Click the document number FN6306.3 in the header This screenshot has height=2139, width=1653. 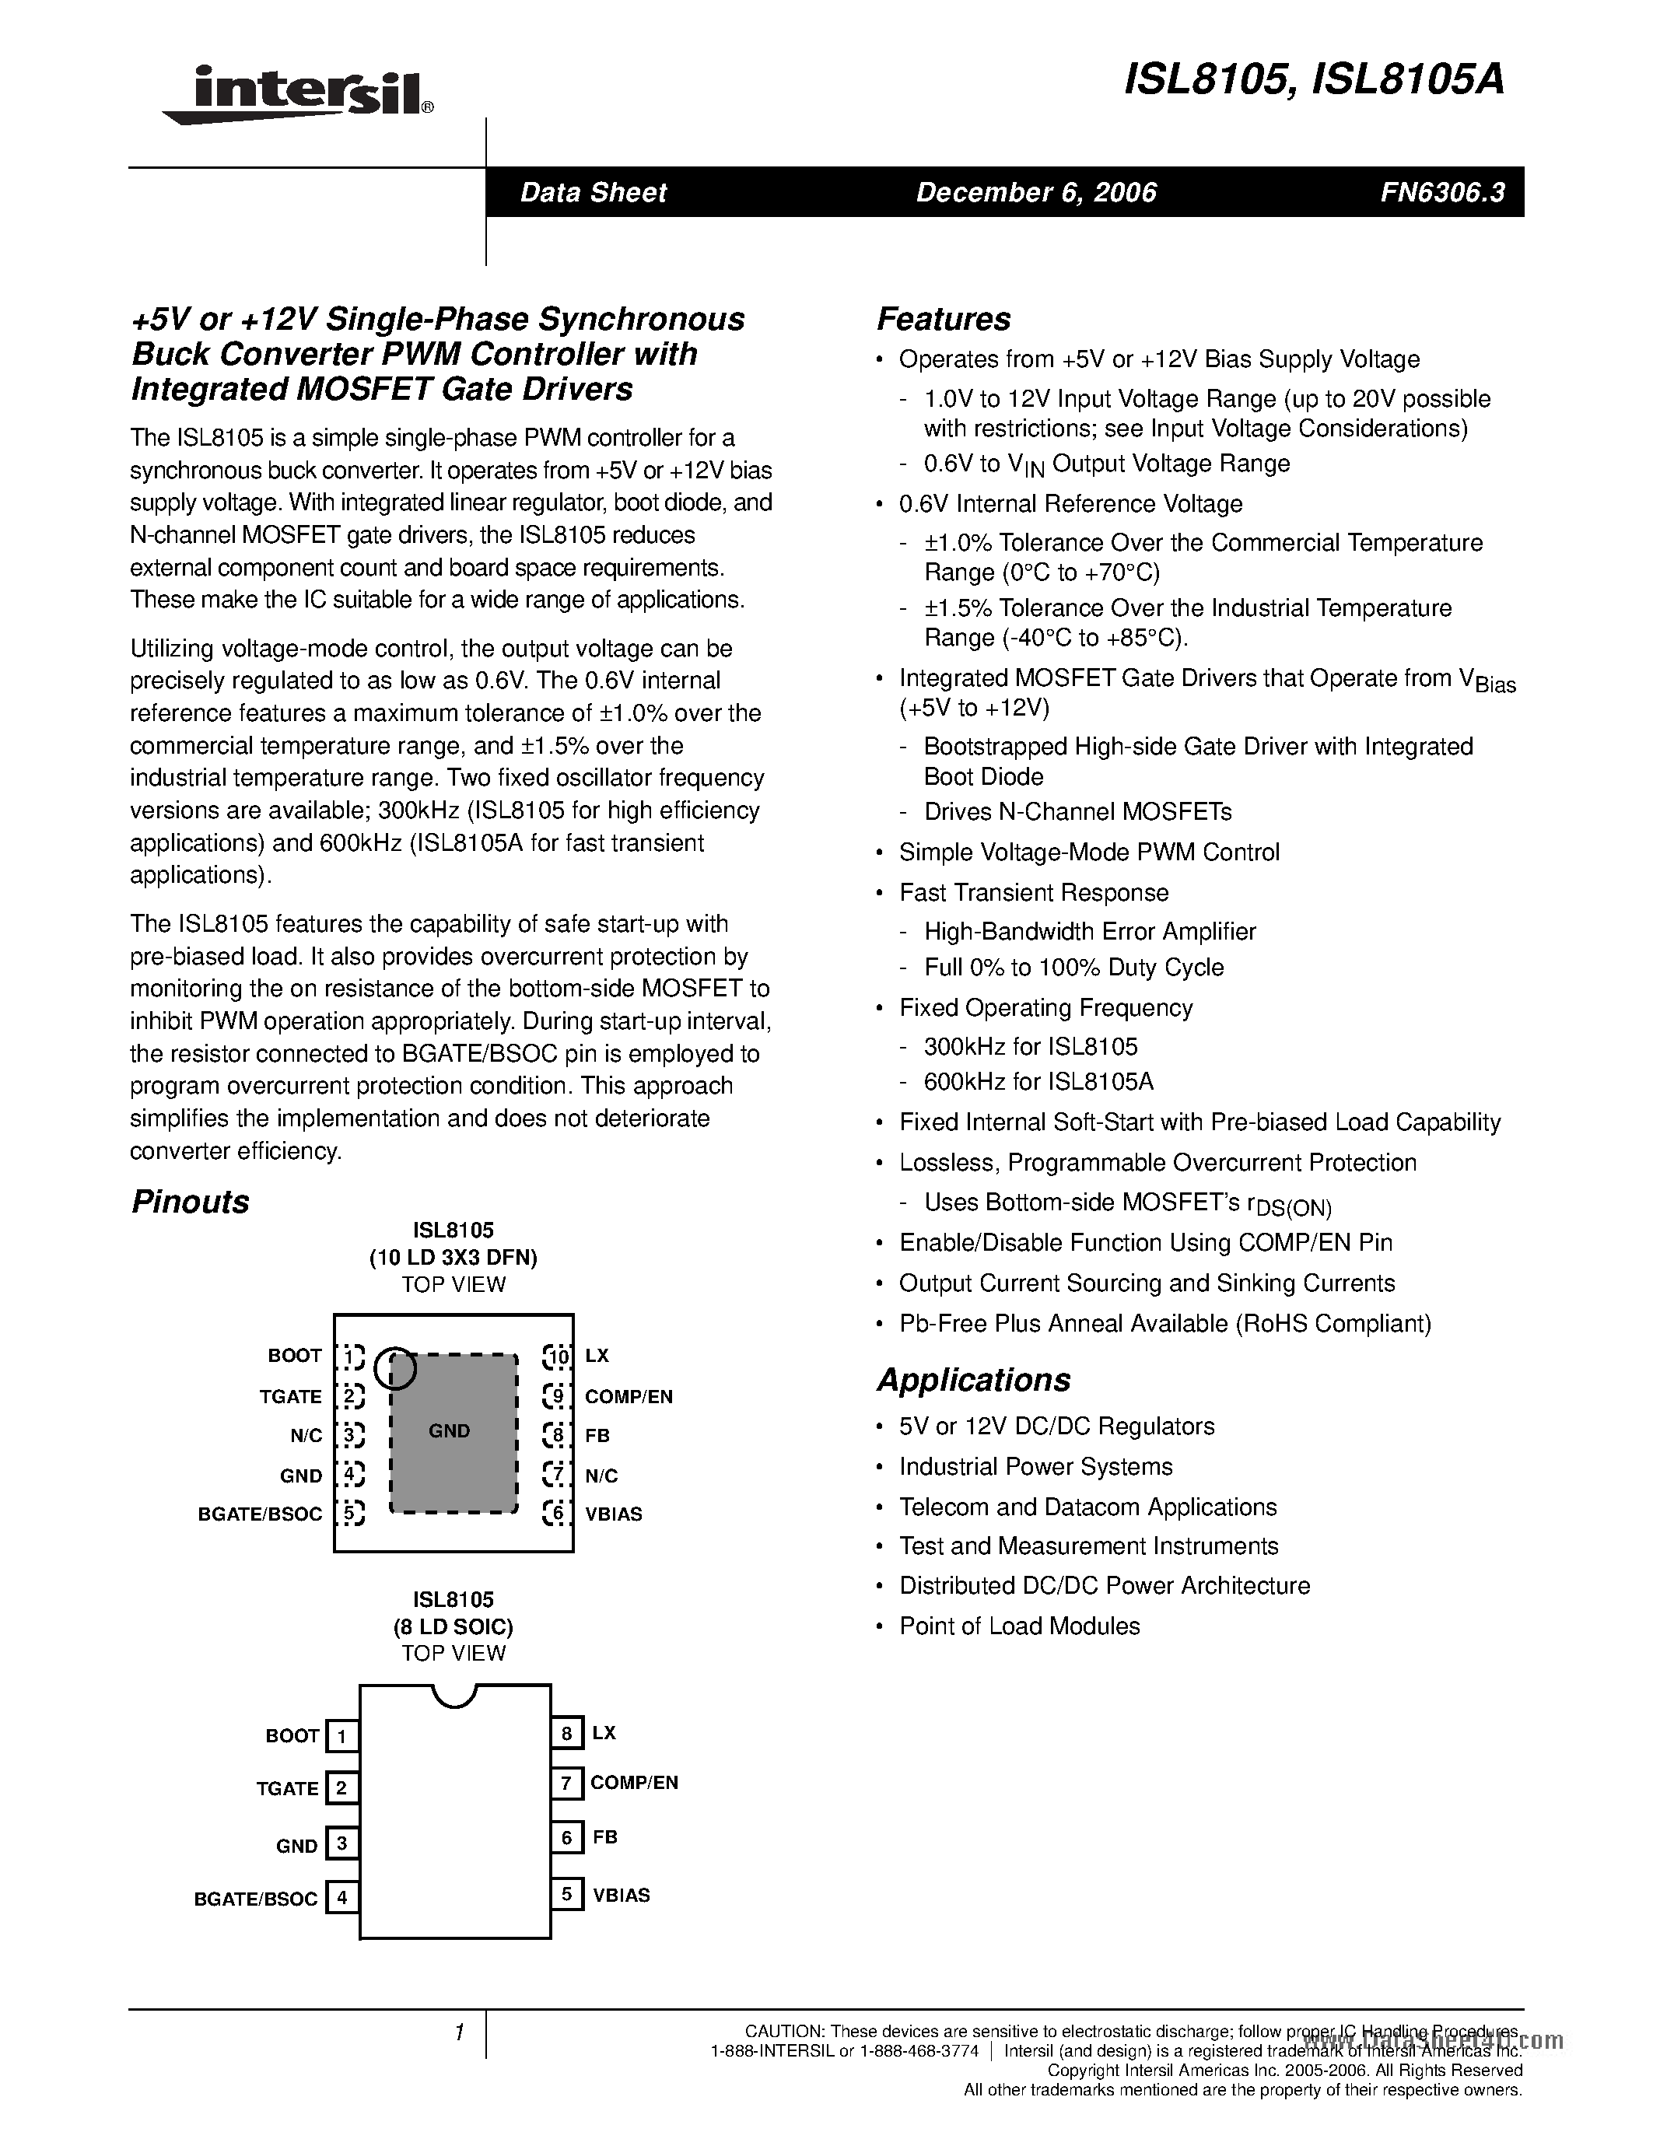1442,192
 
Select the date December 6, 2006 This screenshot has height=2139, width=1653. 1036,192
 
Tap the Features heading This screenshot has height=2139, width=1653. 943,319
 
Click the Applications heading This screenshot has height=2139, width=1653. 973,1379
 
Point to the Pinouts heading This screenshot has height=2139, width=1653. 190,1202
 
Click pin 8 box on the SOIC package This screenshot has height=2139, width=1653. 566,1734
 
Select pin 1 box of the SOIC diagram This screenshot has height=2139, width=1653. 341,1736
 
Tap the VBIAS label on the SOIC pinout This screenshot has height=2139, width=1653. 621,1895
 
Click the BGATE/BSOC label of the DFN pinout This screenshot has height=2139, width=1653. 260,1514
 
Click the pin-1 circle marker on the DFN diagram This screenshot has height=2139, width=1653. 396,1369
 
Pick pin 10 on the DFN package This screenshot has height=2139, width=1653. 557,1357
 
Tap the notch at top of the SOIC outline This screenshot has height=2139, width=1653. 454,1696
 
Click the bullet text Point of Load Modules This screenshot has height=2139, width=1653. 1020,1626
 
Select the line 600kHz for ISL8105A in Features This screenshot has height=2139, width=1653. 1038,1081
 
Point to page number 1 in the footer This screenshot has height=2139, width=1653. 458,2032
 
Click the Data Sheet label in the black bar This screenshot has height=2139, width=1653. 593,192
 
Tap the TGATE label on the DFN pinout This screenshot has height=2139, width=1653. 290,1397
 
